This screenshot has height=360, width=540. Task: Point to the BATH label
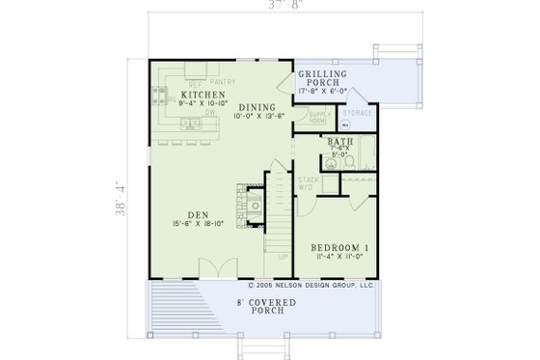click(x=339, y=141)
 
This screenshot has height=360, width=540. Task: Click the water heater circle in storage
click(x=344, y=125)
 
